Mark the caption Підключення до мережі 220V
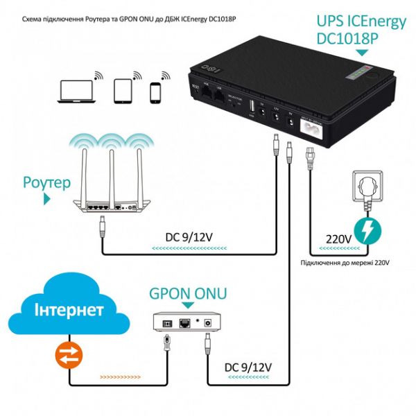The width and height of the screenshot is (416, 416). coord(345,262)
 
